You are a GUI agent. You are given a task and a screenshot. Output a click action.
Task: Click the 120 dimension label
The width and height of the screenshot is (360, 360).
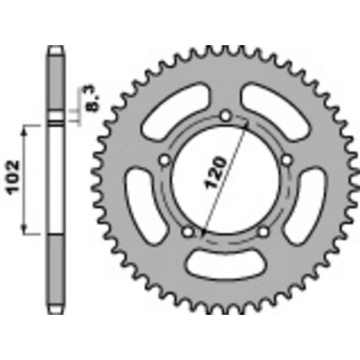[215, 172]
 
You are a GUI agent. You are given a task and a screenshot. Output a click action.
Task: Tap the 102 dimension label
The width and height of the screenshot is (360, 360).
[13, 178]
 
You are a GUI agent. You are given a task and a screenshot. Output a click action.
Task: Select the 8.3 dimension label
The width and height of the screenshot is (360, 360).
[93, 98]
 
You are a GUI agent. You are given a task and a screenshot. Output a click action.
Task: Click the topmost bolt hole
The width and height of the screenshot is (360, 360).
[226, 116]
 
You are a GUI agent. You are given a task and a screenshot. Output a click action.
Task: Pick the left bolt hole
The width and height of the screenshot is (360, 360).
[165, 160]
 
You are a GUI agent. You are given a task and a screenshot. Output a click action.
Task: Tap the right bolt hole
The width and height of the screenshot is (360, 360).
[287, 160]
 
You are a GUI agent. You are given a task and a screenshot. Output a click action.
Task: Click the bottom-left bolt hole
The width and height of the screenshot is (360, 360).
[188, 232]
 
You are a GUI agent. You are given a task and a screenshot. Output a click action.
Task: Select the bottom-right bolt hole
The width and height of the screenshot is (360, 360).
[264, 232]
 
